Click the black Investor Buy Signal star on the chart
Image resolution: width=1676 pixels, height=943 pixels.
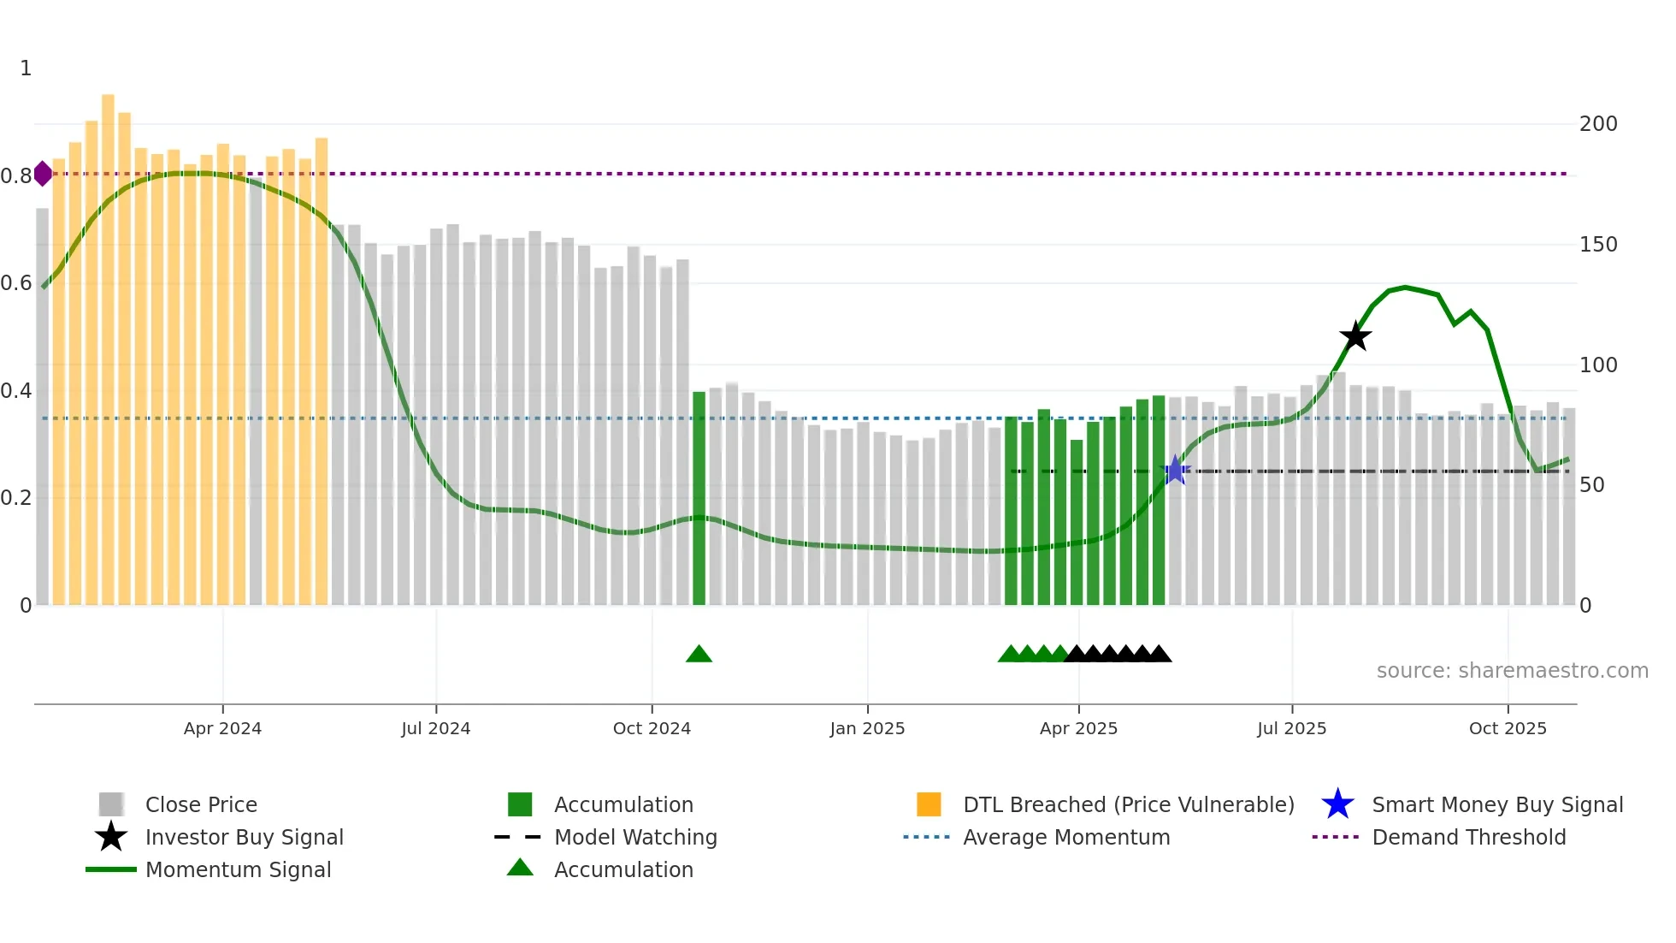tap(1355, 336)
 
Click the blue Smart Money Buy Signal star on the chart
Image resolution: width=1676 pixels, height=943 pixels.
tap(1176, 470)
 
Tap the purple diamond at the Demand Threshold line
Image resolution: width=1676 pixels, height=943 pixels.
tap(43, 174)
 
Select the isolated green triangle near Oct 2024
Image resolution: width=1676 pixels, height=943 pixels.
tap(699, 655)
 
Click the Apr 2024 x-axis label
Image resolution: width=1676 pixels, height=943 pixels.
tap(222, 728)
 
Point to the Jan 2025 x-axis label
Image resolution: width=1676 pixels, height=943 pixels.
tap(867, 728)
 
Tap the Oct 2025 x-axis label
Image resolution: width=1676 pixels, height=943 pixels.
tap(1508, 728)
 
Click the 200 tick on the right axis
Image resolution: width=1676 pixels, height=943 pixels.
tap(1597, 124)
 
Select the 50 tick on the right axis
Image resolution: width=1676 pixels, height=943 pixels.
tap(1591, 485)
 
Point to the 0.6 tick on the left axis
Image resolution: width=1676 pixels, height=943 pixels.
tap(16, 283)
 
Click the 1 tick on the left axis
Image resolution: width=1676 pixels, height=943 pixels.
tap(26, 68)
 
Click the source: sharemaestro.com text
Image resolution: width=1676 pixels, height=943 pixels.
tap(1512, 671)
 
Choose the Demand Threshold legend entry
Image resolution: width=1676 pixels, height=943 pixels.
tap(1468, 837)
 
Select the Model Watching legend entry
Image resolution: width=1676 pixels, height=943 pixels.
tap(634, 837)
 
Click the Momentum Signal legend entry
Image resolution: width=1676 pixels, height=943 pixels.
tap(238, 869)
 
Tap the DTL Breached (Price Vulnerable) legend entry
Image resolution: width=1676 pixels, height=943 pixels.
tap(1128, 804)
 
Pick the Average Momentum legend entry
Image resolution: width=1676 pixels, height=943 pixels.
tap(1065, 837)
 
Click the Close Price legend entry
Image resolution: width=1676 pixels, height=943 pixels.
tap(200, 804)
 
